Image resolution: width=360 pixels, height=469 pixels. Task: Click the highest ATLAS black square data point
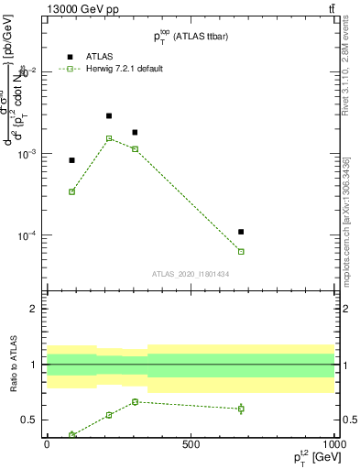tap(109, 116)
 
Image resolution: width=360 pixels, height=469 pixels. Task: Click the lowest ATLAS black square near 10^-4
tap(241, 232)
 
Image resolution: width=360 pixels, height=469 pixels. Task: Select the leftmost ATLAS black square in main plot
tap(71, 160)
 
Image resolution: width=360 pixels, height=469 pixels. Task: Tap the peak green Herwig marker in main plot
tap(109, 138)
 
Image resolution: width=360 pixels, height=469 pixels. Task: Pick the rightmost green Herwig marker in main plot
tap(241, 251)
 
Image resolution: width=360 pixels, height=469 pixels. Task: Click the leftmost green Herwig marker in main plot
tap(71, 191)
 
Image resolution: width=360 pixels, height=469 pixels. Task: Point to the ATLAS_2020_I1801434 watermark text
tap(190, 273)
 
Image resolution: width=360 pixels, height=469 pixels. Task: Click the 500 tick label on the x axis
tap(191, 444)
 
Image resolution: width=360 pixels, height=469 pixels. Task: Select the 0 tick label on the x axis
tap(47, 444)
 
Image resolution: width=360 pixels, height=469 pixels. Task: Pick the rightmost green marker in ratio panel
tap(241, 409)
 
